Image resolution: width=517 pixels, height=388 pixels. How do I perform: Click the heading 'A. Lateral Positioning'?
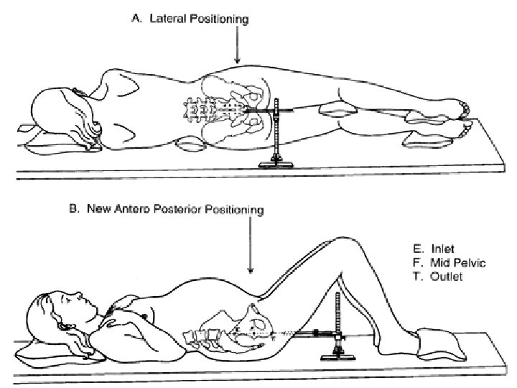(x=190, y=20)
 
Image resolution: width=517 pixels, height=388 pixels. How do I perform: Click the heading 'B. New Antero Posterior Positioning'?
(x=174, y=210)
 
